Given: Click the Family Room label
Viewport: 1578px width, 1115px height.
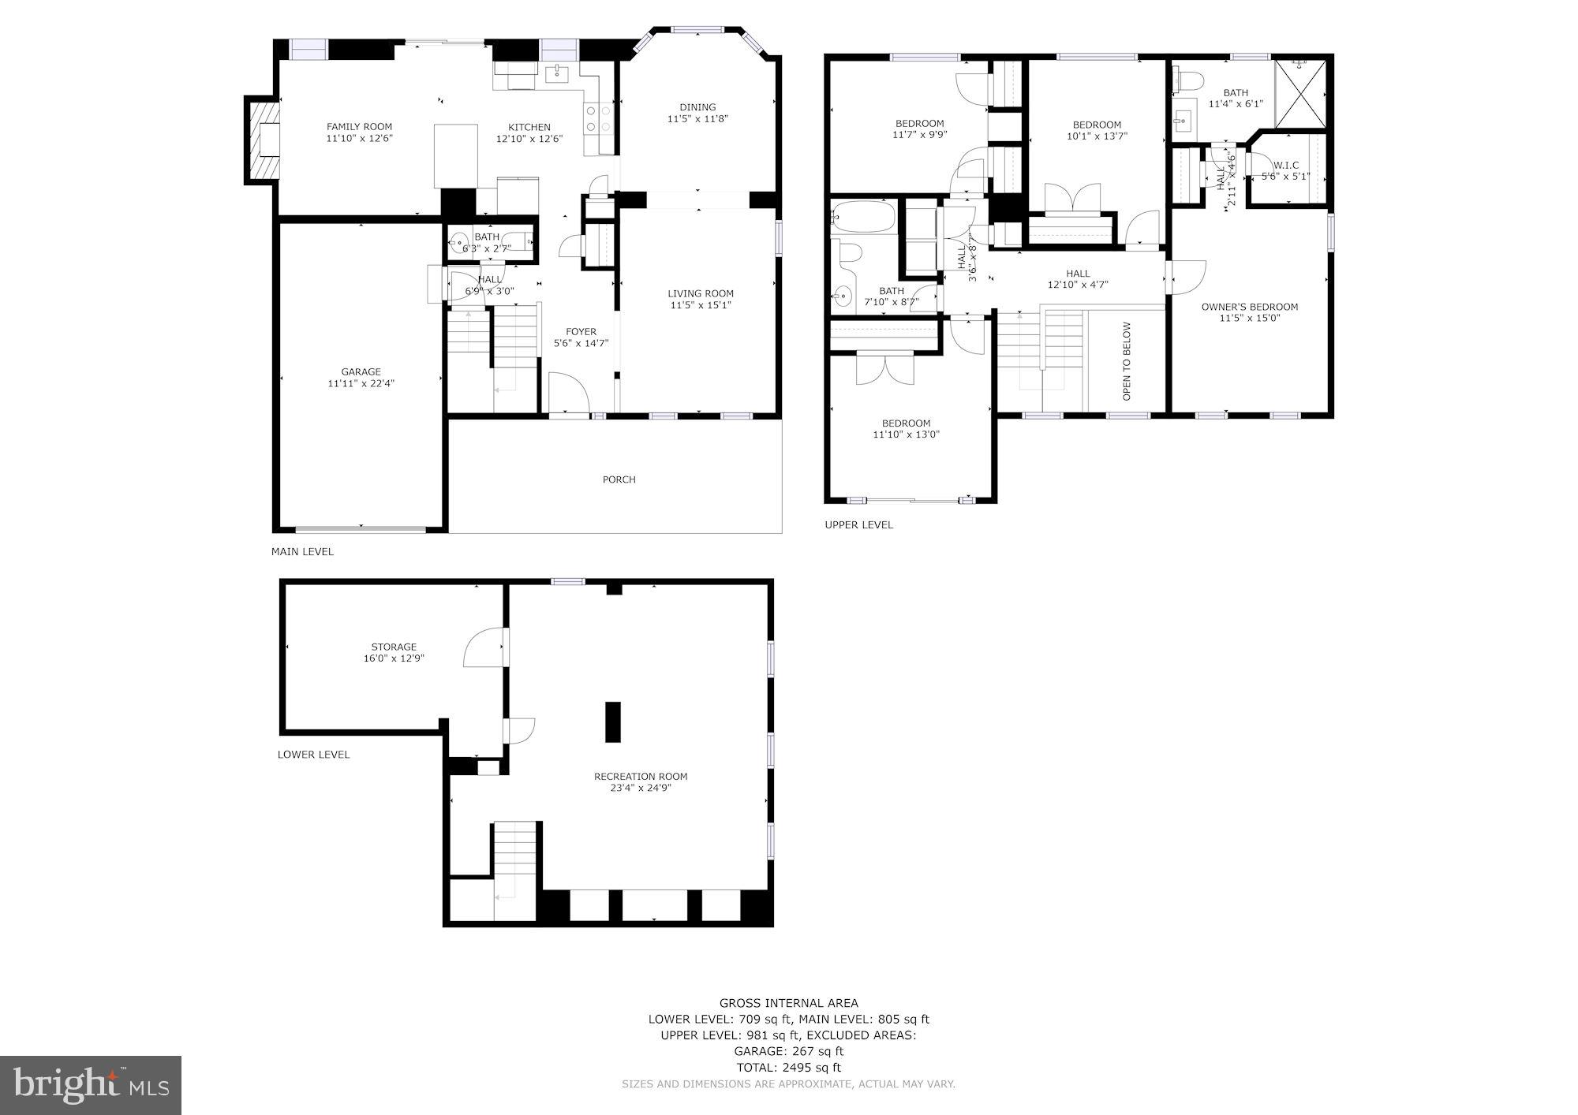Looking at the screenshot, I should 359,127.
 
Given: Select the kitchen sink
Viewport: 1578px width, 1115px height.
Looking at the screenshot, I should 558,74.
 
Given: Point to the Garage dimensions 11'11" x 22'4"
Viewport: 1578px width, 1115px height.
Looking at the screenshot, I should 361,384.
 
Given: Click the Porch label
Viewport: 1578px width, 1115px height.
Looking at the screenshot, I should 619,479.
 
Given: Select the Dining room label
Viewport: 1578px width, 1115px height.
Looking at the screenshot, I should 697,107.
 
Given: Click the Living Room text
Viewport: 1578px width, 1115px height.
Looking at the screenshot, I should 701,293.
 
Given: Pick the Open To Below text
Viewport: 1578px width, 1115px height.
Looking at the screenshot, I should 1127,360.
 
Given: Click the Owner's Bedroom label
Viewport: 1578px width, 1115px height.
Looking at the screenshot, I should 1249,307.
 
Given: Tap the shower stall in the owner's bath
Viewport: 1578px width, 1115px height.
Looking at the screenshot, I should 1299,94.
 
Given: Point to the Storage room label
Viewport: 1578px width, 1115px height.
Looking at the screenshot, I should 394,647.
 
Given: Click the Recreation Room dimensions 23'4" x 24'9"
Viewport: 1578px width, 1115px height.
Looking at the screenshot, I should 640,788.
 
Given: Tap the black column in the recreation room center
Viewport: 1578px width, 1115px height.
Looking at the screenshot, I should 612,722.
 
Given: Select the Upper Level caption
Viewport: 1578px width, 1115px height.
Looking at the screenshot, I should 858,524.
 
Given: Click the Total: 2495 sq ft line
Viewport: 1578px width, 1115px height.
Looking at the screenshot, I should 788,1068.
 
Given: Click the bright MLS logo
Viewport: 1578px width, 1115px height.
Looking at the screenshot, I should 91,1085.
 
